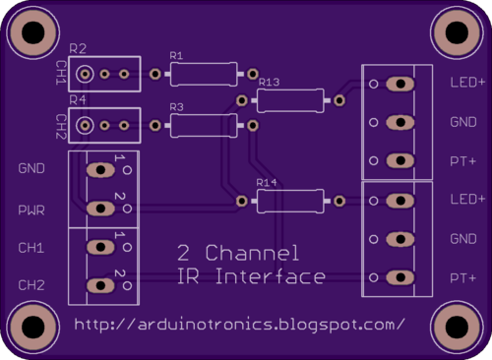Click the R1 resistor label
tap(176, 55)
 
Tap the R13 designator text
tap(269, 83)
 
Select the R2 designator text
tap(79, 48)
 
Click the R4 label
tap(79, 99)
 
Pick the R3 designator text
tap(177, 106)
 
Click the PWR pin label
tap(31, 210)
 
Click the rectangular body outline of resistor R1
tap(203, 74)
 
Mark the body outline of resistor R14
tap(289, 202)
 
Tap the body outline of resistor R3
tap(203, 124)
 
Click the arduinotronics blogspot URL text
tap(240, 324)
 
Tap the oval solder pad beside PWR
tap(99, 209)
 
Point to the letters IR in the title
tap(188, 277)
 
